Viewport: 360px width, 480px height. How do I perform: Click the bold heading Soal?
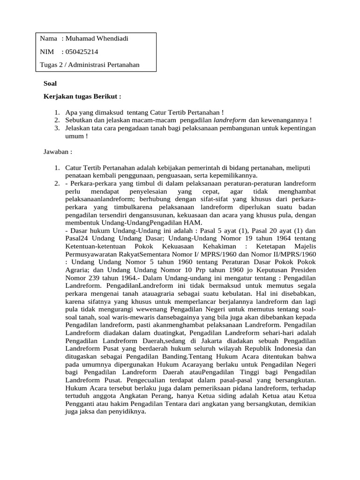50,83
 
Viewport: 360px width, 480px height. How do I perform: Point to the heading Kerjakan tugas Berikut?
82,97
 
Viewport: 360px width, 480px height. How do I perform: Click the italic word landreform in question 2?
230,120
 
